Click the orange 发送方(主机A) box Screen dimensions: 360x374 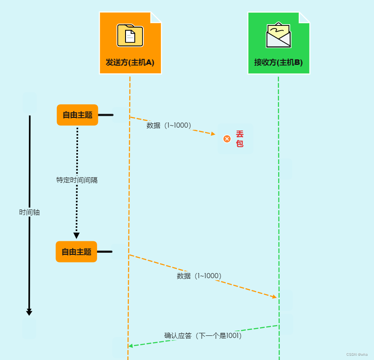point(130,43)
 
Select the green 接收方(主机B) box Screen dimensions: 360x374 point(279,43)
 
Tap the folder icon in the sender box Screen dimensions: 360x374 point(130,35)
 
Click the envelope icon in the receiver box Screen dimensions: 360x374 point(278,35)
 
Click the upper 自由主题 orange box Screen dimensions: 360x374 point(77,115)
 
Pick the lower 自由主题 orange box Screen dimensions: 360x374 point(76,252)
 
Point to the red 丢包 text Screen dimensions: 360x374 point(240,139)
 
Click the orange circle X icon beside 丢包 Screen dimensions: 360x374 point(227,139)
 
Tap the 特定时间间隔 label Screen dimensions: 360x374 point(77,180)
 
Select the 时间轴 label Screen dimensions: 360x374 point(29,212)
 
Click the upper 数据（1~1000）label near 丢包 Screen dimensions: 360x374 point(169,125)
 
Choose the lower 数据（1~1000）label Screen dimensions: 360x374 point(199,276)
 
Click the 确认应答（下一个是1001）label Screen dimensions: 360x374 point(203,335)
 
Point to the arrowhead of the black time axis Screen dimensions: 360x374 point(29,313)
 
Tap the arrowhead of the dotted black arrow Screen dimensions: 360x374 point(76,235)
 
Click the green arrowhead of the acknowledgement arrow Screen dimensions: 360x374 point(131,346)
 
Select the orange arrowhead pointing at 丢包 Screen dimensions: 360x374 point(213,134)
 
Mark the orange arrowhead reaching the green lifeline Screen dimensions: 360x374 point(274,296)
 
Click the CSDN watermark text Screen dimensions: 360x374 point(357,354)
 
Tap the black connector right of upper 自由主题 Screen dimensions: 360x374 point(106,115)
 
